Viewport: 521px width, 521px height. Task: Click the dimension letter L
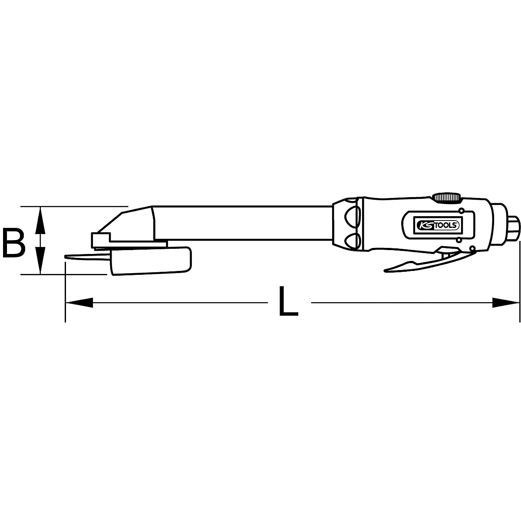pyautogui.click(x=288, y=300)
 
